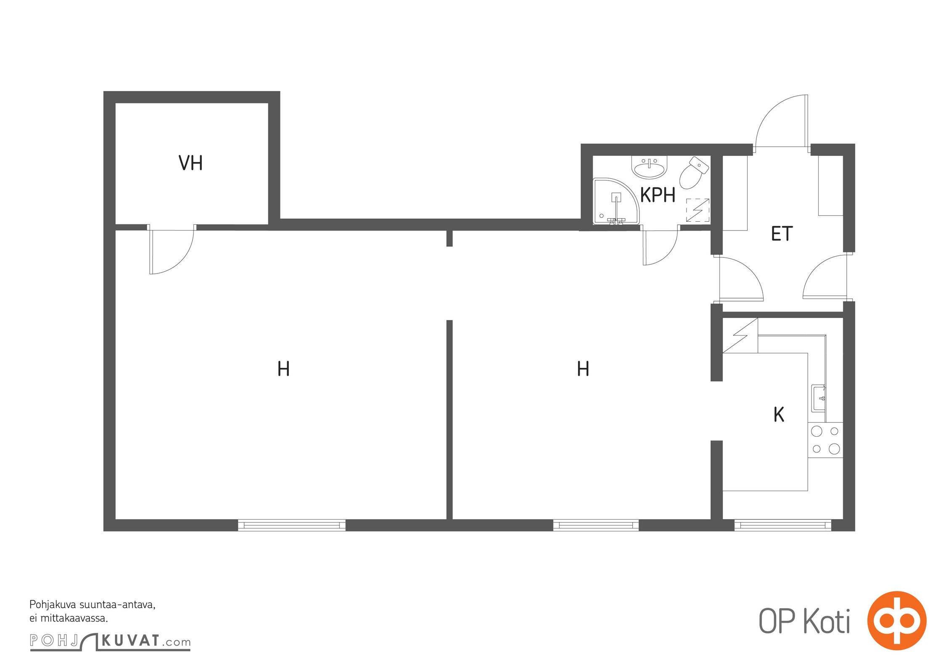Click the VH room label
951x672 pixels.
(190, 163)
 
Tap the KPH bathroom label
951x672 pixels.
(658, 195)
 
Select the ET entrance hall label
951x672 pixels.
(782, 234)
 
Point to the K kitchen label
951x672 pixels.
(779, 415)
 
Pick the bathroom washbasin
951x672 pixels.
(650, 167)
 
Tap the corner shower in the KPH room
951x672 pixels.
(615, 202)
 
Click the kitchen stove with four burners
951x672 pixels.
(825, 440)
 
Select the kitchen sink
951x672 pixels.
(818, 398)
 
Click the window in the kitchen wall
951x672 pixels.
(783, 525)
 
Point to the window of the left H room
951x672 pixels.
(292, 525)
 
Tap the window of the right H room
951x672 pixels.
(596, 525)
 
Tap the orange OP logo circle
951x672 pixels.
(897, 620)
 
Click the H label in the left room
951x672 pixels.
(283, 369)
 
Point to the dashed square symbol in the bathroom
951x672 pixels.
(697, 210)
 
